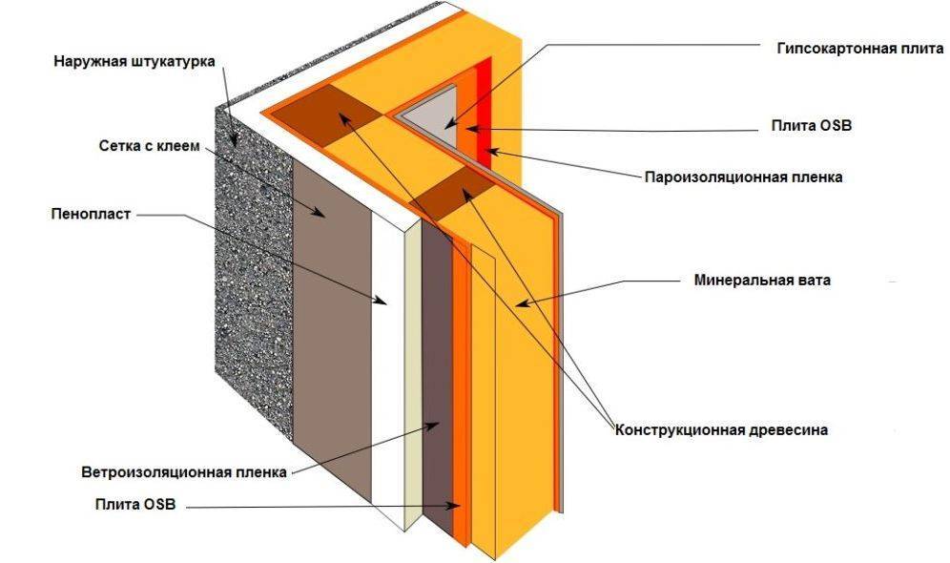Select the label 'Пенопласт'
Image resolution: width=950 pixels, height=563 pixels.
[91, 215]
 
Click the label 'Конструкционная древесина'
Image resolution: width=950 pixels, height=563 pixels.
[721, 429]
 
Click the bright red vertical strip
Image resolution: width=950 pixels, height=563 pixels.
[487, 105]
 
